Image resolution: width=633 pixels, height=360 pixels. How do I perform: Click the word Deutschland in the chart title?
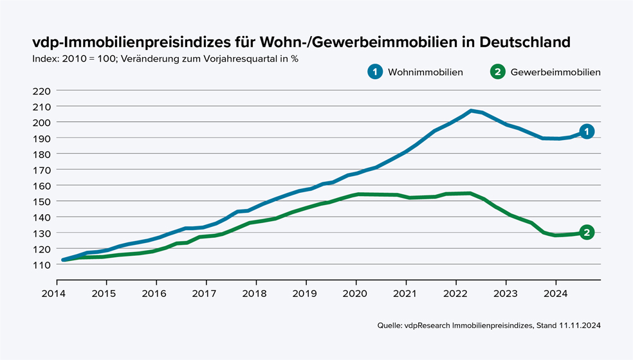point(519,42)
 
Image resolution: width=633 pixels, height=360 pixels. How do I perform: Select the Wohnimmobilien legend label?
point(425,72)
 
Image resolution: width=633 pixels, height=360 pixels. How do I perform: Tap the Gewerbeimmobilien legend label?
point(555,72)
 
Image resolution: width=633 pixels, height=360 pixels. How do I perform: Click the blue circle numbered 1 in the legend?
point(375,72)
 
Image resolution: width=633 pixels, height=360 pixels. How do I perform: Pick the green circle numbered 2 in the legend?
point(497,72)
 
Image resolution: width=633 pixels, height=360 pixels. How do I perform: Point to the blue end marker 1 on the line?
point(586,131)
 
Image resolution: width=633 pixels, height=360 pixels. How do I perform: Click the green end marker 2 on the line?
point(586,233)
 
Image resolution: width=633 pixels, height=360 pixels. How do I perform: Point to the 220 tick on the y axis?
point(41,91)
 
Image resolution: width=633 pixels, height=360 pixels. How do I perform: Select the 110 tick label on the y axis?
point(41,265)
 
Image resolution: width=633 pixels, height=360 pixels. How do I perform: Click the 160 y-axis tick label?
point(41,186)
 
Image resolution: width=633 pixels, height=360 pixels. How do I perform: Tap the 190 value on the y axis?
point(41,138)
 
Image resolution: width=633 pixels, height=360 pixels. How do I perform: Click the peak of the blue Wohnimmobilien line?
point(472,111)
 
